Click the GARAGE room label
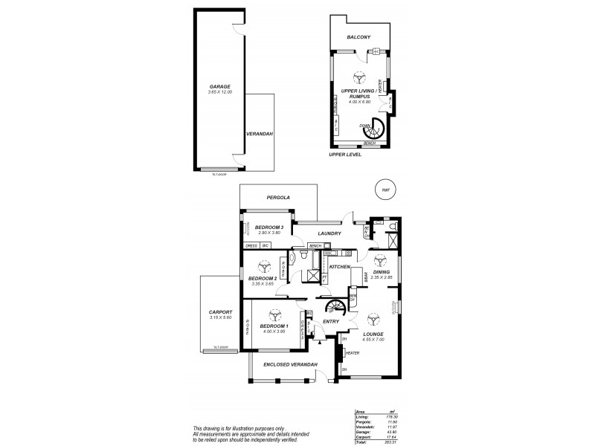tap(220, 87)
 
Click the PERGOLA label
tap(278, 198)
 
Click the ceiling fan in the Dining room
tap(380, 260)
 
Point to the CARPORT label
tap(222, 312)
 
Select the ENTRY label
tap(331, 322)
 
